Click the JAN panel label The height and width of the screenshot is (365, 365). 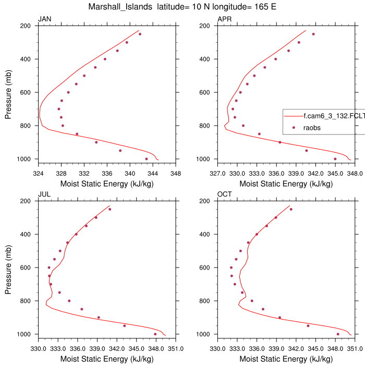[x=45, y=20]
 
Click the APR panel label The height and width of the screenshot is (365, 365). [x=225, y=20]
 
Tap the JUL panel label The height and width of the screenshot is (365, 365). [x=44, y=195]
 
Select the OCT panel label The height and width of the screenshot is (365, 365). [x=225, y=195]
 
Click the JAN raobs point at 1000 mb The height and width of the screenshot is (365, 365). [x=147, y=159]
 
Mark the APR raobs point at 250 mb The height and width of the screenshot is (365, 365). [x=313, y=34]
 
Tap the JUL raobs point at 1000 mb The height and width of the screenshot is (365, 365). [x=155, y=334]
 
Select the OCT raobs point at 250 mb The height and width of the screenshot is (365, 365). [x=291, y=209]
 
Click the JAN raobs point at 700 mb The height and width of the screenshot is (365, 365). [x=59, y=109]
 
